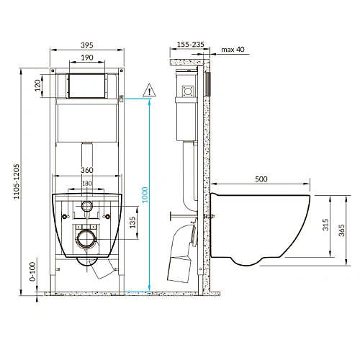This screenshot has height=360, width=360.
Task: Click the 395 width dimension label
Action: (x=86, y=45)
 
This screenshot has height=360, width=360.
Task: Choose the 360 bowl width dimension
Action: (x=86, y=170)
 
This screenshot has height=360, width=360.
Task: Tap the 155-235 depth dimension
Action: (x=189, y=44)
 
